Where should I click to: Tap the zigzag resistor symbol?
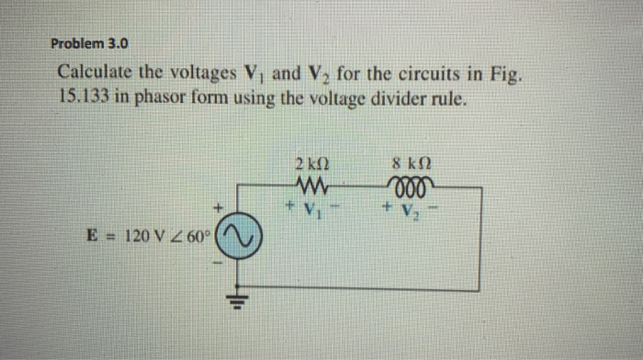click(312, 181)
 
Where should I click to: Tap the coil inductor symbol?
click(407, 181)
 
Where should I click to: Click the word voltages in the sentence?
click(202, 72)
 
